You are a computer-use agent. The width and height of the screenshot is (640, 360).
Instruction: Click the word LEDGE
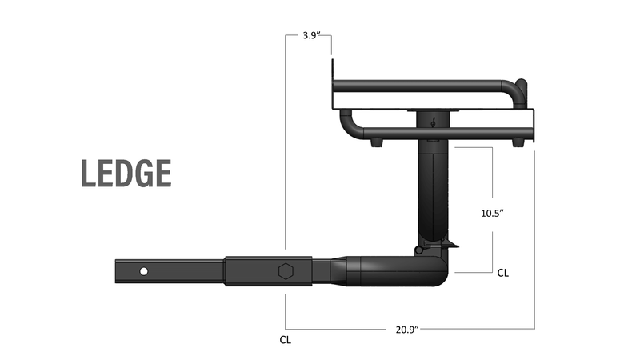click(126, 174)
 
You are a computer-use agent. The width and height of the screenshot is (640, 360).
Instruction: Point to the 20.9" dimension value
click(407, 329)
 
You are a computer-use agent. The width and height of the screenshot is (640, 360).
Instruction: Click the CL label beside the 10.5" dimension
click(502, 273)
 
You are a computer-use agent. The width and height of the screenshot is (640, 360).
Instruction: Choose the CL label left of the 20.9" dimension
click(285, 339)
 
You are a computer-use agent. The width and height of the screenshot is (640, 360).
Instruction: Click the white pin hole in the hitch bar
click(143, 271)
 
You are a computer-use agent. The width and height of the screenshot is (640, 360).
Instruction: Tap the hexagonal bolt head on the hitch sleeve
click(285, 271)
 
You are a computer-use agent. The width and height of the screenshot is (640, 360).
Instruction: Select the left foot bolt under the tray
click(375, 144)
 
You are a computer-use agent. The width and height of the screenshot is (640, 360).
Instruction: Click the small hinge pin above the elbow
click(419, 250)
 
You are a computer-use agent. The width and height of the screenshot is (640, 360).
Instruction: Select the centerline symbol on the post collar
click(433, 122)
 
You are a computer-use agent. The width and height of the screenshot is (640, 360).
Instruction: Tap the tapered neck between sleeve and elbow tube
click(338, 270)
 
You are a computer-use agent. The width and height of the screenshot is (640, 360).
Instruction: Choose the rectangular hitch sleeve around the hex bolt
click(268, 271)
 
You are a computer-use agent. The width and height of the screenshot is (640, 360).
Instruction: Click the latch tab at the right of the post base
click(454, 242)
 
